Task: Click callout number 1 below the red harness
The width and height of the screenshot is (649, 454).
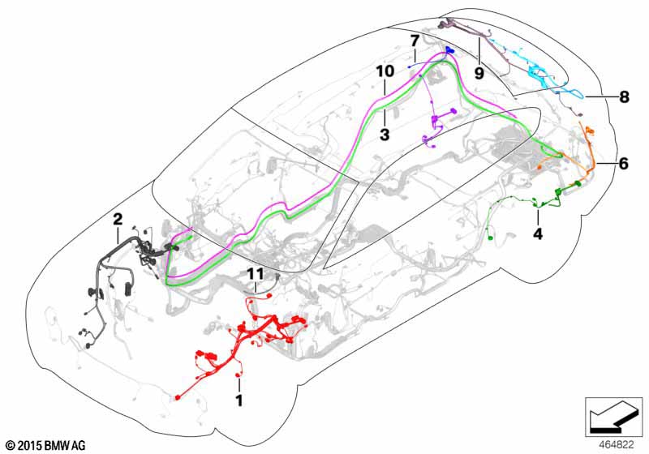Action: tap(239, 400)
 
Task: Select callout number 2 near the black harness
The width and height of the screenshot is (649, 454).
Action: tap(118, 219)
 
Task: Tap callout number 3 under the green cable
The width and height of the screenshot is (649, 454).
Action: tap(385, 135)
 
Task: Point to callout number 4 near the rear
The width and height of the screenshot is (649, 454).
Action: tap(538, 234)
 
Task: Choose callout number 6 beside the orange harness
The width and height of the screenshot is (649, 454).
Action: tap(623, 164)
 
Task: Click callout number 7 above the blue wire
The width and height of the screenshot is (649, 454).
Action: tap(415, 41)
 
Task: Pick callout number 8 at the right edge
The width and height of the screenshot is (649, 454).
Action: tap(624, 97)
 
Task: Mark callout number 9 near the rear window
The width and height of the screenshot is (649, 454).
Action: tap(479, 74)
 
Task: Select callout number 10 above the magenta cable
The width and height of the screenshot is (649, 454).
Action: tap(385, 71)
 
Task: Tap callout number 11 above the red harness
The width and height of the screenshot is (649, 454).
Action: tap(256, 274)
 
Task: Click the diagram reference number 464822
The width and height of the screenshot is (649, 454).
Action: tap(617, 445)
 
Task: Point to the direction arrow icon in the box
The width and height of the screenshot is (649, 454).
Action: tap(613, 417)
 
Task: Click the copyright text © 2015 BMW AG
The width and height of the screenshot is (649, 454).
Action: tap(46, 445)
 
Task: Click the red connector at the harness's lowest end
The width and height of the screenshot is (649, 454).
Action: tap(178, 397)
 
